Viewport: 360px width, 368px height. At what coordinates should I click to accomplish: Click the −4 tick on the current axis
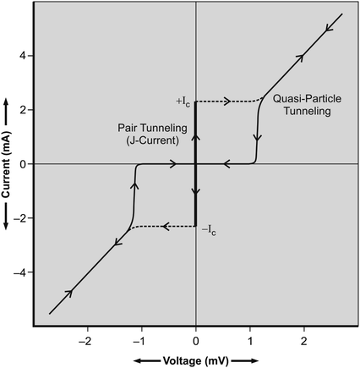pos(24,272)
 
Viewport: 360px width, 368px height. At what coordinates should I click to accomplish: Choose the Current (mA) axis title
pos(8,163)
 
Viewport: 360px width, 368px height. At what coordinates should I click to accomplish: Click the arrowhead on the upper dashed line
pos(227,102)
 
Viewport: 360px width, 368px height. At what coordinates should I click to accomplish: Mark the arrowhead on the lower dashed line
pos(166,226)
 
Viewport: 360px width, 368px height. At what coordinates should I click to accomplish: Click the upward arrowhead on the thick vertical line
pos(196,135)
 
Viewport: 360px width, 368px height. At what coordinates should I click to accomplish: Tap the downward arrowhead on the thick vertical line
pos(196,191)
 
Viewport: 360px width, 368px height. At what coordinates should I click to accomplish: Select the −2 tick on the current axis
pos(24,217)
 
